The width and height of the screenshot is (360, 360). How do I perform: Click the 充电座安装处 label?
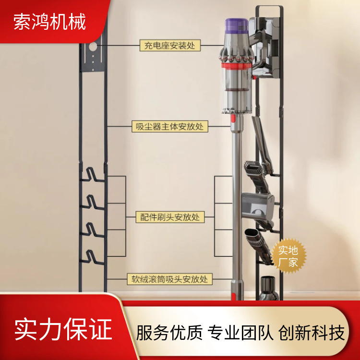pos(169,46)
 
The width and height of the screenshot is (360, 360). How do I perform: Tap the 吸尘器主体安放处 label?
pos(169,127)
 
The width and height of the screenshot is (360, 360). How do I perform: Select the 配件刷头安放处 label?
pos(169,217)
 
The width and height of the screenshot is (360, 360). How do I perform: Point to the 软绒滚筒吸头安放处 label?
pos(169,279)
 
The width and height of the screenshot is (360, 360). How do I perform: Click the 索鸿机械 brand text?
pos(49,22)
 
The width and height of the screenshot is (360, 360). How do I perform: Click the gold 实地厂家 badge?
pos(288,256)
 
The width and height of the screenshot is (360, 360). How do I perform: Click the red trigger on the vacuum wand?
pos(233,118)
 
